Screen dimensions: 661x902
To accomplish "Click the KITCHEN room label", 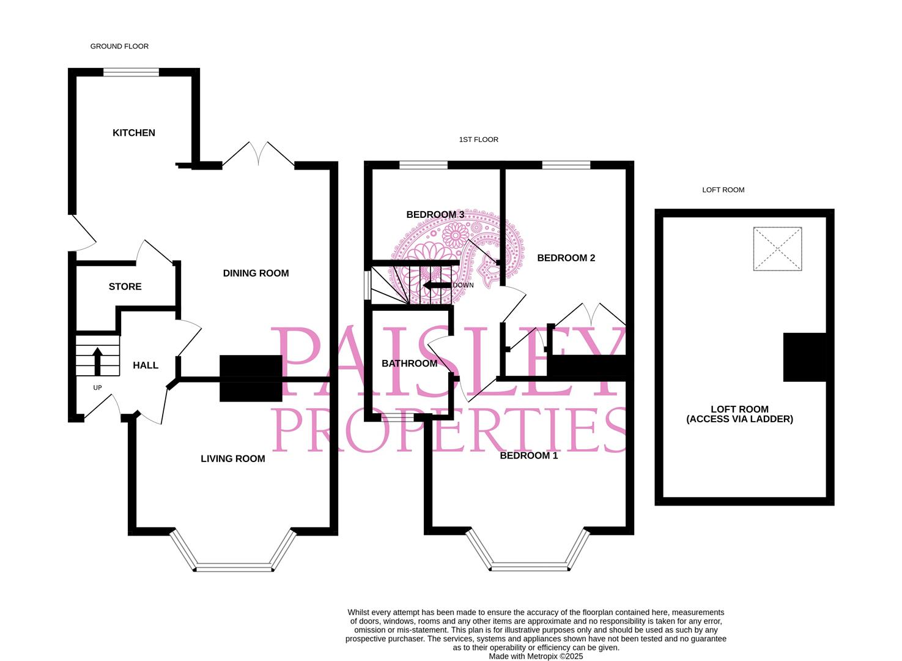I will pyautogui.click(x=133, y=133).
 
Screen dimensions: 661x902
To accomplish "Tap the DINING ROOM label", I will pyautogui.click(x=256, y=274).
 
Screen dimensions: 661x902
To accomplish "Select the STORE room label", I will pyautogui.click(x=125, y=286).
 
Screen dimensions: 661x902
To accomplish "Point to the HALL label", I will pyautogui.click(x=146, y=365).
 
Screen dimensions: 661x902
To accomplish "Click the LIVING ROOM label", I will pyautogui.click(x=233, y=458).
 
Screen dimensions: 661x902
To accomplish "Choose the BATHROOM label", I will pyautogui.click(x=409, y=364).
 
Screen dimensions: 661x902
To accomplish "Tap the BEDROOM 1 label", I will pyautogui.click(x=529, y=455).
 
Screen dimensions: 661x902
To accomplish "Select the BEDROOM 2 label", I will pyautogui.click(x=566, y=258).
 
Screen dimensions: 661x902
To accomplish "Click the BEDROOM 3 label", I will pyautogui.click(x=435, y=214).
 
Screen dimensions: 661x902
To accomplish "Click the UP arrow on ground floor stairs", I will pyautogui.click(x=97, y=361).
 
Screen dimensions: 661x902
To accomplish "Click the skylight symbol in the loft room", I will pyautogui.click(x=777, y=249).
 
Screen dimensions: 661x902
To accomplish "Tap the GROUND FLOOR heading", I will pyautogui.click(x=119, y=47).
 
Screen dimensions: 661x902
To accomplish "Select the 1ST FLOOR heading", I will pyautogui.click(x=478, y=140).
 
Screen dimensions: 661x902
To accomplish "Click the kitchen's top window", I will pyautogui.click(x=131, y=72).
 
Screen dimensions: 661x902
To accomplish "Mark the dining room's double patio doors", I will pyautogui.click(x=258, y=155).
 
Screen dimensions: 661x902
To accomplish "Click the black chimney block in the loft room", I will pyautogui.click(x=805, y=357).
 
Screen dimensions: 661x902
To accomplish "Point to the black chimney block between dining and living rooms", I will pyautogui.click(x=251, y=379).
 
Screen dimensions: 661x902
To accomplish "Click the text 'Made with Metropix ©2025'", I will pyautogui.click(x=536, y=656).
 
